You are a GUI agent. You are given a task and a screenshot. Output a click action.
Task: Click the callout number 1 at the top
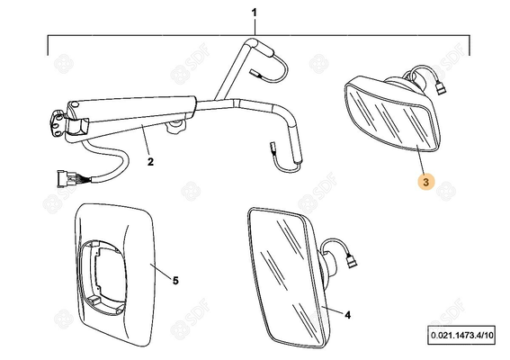(x=254, y=13)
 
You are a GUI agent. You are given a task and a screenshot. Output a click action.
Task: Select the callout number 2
(x=150, y=161)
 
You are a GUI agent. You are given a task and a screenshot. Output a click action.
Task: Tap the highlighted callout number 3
(x=426, y=182)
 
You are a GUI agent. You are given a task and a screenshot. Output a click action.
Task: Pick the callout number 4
(x=348, y=315)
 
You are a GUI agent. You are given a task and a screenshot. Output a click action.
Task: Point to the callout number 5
(x=175, y=280)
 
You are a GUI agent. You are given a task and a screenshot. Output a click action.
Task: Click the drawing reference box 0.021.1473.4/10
(x=461, y=335)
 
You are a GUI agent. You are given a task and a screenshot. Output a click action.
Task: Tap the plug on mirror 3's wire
(x=440, y=88)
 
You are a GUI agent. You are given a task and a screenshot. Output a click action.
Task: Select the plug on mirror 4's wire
(x=351, y=261)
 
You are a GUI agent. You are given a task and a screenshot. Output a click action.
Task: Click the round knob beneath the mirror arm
(x=175, y=126)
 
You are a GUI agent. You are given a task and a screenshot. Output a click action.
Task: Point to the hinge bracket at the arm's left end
(x=58, y=123)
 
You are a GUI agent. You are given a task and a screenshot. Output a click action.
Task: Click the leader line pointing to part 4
(x=332, y=310)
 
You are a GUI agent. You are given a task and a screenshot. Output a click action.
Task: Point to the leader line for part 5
(x=160, y=272)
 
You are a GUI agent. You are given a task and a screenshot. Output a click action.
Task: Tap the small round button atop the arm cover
(x=76, y=104)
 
